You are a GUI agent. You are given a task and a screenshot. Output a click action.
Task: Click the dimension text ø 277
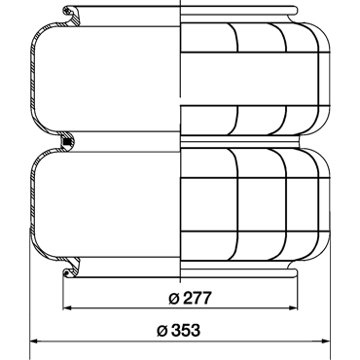click(x=190, y=298)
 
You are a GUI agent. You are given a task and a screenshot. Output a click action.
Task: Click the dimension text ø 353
click(x=178, y=331)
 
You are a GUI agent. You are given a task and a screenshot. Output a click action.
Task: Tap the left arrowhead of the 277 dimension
click(x=67, y=307)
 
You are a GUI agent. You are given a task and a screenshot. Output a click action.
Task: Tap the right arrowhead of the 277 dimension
click(x=294, y=307)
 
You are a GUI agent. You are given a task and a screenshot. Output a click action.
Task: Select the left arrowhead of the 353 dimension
click(x=34, y=342)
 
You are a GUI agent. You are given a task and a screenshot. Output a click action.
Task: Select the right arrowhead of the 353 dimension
click(x=325, y=342)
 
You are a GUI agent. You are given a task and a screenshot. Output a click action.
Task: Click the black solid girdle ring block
click(x=67, y=142)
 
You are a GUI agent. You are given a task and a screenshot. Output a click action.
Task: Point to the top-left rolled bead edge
click(x=67, y=11)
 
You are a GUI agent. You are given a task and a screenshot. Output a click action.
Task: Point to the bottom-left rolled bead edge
click(x=67, y=273)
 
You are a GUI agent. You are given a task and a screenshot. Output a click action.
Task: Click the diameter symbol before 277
click(x=174, y=298)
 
